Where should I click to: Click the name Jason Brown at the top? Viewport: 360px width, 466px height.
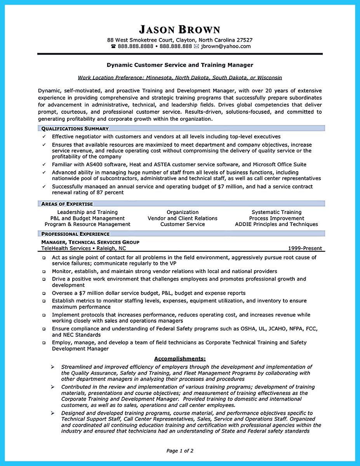click(x=179, y=30)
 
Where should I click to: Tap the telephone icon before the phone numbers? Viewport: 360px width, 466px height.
click(x=113, y=46)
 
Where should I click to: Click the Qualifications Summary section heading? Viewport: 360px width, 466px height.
click(x=75, y=129)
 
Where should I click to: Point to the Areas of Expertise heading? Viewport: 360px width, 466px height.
click(x=67, y=204)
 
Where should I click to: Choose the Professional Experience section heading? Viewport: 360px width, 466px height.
click(x=75, y=234)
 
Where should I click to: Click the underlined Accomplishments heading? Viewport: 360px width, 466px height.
click(x=180, y=358)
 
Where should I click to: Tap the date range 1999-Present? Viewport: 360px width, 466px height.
click(x=305, y=249)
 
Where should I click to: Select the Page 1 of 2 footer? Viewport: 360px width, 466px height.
click(x=180, y=451)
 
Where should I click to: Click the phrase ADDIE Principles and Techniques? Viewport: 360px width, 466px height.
click(x=277, y=224)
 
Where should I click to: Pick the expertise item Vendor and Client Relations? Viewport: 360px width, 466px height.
click(x=183, y=218)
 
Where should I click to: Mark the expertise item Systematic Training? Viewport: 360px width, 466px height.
click(x=277, y=212)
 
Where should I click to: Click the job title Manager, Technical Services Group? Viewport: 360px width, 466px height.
click(x=90, y=242)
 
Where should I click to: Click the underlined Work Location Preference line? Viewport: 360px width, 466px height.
click(x=180, y=78)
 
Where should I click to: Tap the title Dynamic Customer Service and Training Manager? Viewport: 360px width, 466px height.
click(x=180, y=65)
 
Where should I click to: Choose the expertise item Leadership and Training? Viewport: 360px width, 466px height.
click(x=87, y=212)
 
